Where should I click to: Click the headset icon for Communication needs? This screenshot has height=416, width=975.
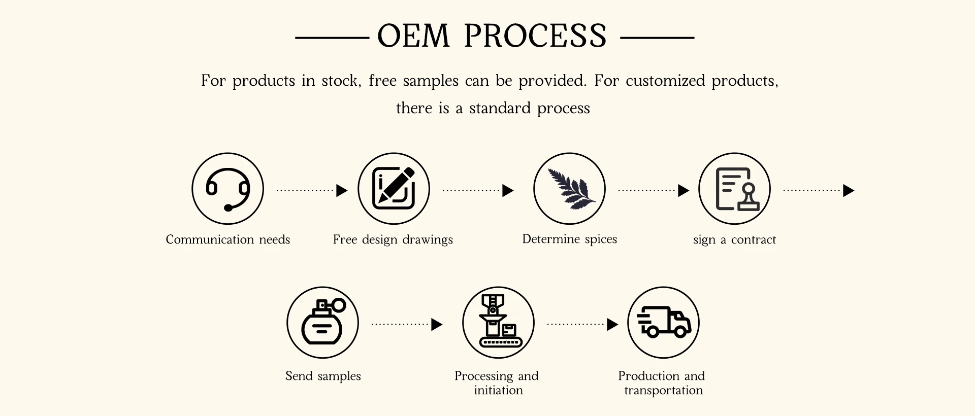(227, 189)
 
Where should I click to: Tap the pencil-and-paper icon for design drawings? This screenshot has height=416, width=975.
(394, 189)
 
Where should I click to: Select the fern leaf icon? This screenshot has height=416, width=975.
(569, 189)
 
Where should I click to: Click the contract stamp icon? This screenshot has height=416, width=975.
(734, 189)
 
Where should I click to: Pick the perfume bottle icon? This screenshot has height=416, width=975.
(322, 323)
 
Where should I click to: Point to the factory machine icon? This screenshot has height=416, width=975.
(498, 323)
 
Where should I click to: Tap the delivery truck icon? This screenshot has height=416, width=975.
(663, 323)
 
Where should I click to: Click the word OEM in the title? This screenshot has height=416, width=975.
(413, 36)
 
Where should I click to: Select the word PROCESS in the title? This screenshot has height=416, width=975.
(535, 36)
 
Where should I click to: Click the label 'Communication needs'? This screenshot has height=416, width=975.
(227, 239)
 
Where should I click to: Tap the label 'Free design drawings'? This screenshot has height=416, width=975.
(393, 239)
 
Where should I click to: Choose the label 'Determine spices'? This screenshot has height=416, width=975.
(569, 239)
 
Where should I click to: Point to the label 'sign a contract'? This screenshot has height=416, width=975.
(734, 239)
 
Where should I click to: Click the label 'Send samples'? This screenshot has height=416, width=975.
(323, 376)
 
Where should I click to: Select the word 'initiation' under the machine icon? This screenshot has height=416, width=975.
(498, 390)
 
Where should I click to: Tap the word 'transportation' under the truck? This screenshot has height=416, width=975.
(663, 390)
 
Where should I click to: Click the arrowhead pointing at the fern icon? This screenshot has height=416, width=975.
(508, 191)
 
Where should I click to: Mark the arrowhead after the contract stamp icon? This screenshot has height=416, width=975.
(848, 191)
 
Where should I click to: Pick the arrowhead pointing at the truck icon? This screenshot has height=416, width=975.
(612, 324)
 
